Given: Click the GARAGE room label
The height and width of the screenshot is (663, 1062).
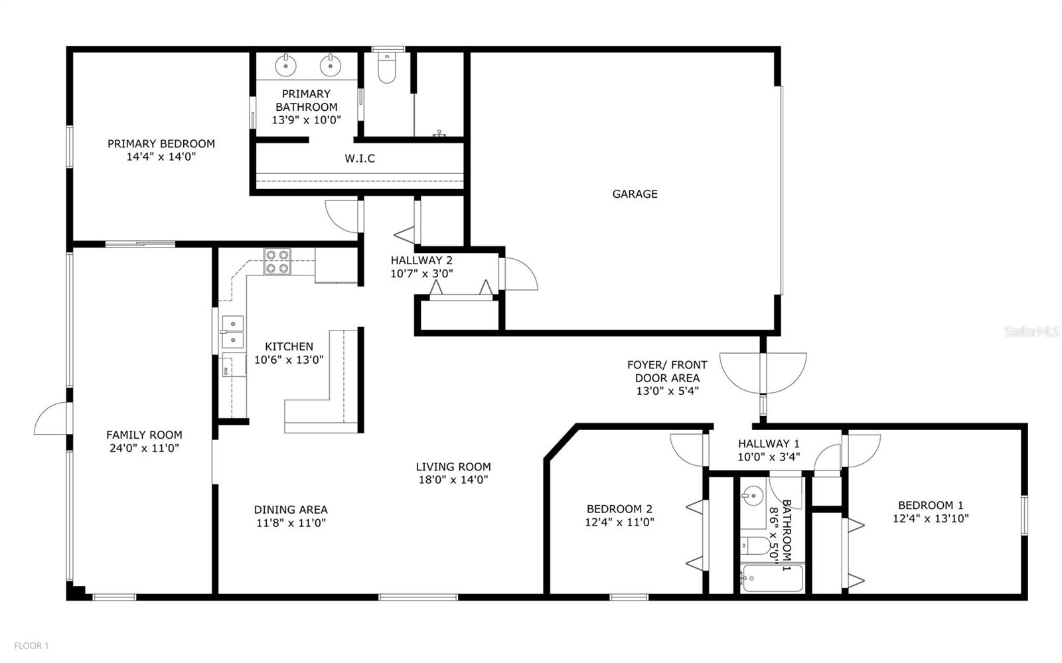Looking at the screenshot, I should point(635,194).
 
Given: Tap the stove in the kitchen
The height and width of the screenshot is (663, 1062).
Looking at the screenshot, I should point(277,261).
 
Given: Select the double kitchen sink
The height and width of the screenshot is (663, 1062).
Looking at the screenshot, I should point(232,332).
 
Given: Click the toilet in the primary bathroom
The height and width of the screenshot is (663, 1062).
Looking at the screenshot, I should point(386,69).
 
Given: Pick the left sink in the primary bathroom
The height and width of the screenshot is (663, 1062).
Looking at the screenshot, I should point(286,65).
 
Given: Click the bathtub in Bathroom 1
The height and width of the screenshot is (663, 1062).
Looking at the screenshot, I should point(773,579).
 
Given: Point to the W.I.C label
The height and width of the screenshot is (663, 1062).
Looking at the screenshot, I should point(360,159).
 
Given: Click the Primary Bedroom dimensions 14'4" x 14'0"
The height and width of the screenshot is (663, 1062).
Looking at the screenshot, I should point(161,157).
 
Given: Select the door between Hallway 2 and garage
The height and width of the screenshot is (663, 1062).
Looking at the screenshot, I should point(518,273).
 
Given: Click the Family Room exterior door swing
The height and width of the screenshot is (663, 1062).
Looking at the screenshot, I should point(52,419).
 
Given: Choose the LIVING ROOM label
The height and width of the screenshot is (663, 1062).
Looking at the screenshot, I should point(453,467).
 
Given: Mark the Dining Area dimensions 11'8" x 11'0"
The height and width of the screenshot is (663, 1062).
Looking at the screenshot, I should point(291,523).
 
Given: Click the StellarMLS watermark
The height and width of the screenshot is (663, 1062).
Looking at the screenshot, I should point(1031,331).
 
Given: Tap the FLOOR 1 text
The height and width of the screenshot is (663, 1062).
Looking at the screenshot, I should point(32,646).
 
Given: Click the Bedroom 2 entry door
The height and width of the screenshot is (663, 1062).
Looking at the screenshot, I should point(688,449).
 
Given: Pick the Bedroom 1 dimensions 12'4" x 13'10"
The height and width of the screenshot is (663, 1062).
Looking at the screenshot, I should point(931,518).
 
